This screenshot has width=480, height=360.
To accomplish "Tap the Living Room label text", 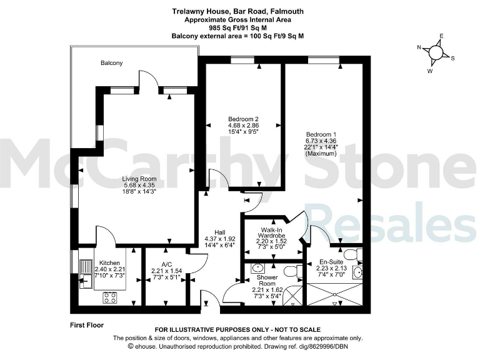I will click(x=139, y=178).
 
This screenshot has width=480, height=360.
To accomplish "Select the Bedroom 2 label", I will click(x=243, y=119).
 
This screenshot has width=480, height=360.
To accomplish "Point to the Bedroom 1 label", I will click(x=321, y=134).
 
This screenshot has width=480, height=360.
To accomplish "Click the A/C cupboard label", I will click(x=166, y=264).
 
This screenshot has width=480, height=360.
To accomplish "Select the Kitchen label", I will click(x=109, y=262).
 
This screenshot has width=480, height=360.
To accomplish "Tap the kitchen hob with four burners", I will click(x=110, y=297).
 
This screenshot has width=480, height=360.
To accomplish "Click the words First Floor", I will click(x=87, y=325).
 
